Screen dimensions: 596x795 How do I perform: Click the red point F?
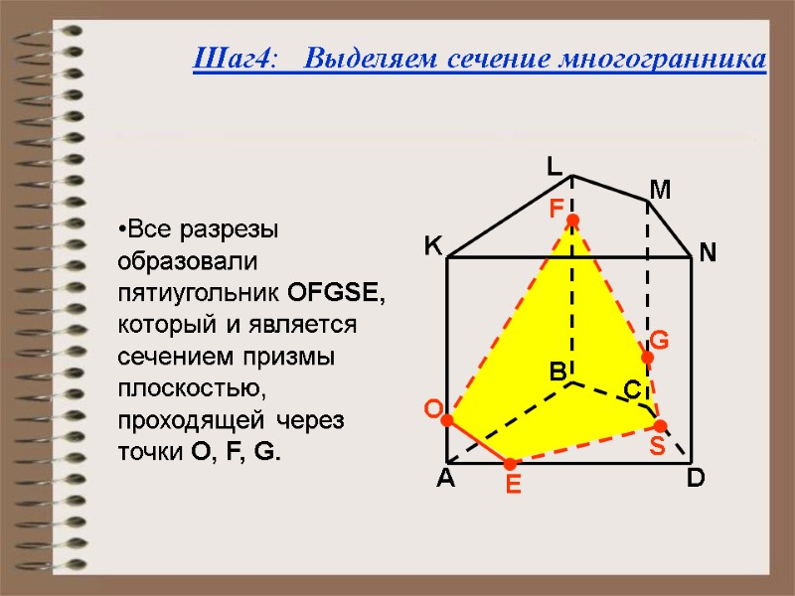tap(572, 219)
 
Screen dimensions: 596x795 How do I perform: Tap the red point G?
tap(647, 358)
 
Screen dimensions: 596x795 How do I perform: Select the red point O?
tap(447, 421)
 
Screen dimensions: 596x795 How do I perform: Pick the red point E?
tap(510, 464)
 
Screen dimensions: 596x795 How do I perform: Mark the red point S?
tap(660, 426)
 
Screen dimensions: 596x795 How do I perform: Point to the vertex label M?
tap(661, 189)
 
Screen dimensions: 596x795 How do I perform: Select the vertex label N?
tap(708, 254)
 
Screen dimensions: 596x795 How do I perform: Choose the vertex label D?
tap(696, 479)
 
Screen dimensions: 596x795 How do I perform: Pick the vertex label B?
tap(557, 372)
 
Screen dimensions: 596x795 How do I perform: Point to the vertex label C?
tap(632, 390)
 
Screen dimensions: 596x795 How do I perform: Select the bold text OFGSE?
tap(336, 294)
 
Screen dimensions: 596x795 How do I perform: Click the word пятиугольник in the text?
tap(200, 294)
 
